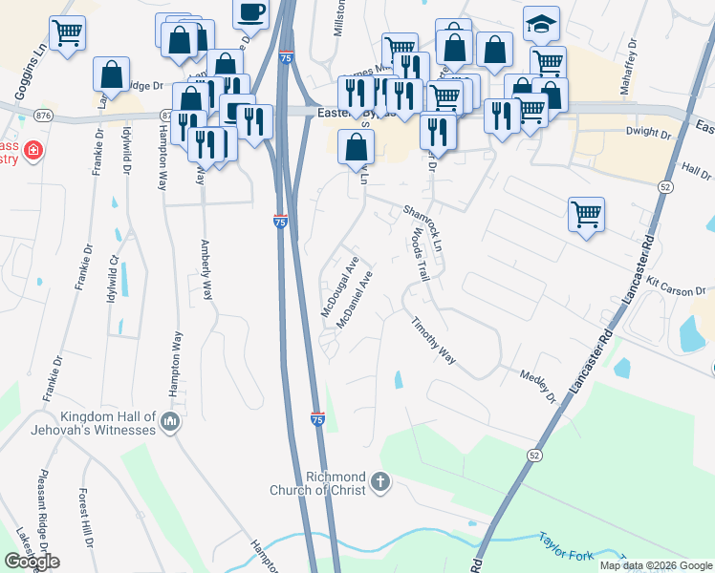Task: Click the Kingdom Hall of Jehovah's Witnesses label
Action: click(x=107, y=423)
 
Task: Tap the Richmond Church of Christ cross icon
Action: click(x=380, y=481)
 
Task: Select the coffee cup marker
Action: click(x=250, y=13)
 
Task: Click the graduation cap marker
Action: click(x=541, y=24)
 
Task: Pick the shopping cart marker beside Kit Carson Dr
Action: click(x=586, y=214)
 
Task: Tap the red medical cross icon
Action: click(x=33, y=151)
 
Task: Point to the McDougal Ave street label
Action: click(x=339, y=286)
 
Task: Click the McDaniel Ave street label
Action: click(x=354, y=299)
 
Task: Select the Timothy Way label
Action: click(x=433, y=342)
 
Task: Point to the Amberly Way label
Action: click(x=206, y=269)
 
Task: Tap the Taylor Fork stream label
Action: click(x=565, y=547)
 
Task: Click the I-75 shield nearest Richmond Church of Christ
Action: click(x=317, y=418)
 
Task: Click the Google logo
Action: click(x=32, y=562)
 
